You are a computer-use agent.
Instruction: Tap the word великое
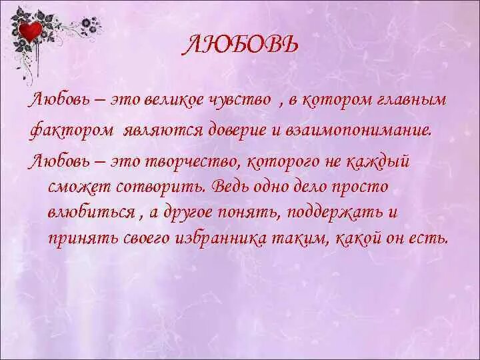pyautogui.click(x=170, y=101)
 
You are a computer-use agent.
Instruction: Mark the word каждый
pyautogui.click(x=383, y=161)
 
